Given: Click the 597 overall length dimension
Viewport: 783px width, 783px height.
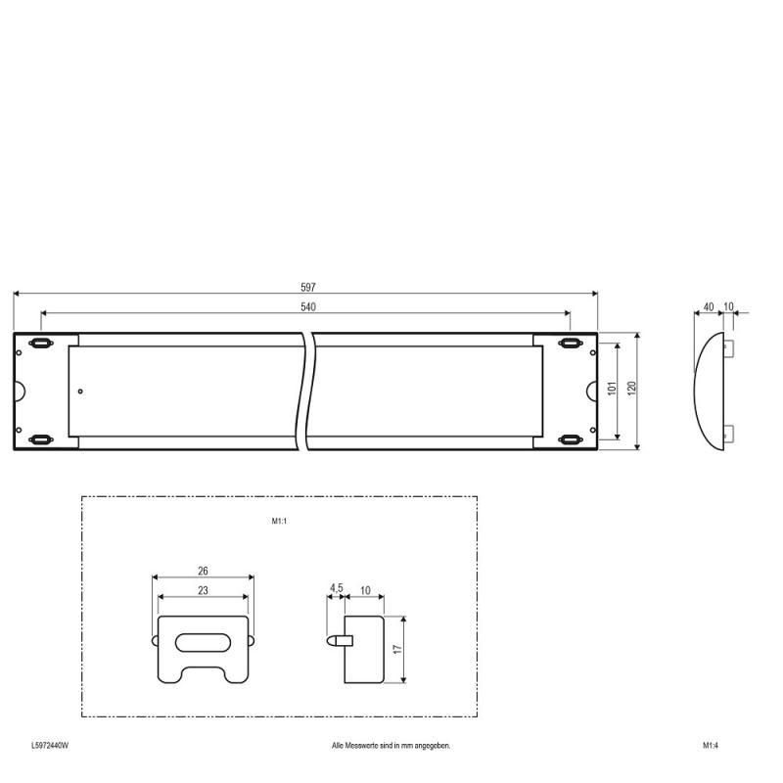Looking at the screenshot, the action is click(x=308, y=287).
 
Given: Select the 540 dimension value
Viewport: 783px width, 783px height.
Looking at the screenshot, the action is click(x=308, y=306).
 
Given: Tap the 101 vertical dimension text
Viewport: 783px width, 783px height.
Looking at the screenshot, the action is click(x=613, y=388).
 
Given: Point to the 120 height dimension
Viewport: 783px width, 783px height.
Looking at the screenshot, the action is click(x=631, y=388).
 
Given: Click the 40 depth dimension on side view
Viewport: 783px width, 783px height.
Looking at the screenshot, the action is click(x=708, y=306).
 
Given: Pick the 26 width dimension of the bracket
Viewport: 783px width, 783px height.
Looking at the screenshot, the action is click(x=203, y=571).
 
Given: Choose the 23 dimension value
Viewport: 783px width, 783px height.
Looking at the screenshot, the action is click(x=203, y=590).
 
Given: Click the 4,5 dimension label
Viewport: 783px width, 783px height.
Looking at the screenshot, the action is click(x=336, y=588).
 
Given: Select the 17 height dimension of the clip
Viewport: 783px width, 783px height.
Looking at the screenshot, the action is click(x=397, y=649).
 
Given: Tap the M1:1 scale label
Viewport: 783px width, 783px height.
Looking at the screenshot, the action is click(x=279, y=521).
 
